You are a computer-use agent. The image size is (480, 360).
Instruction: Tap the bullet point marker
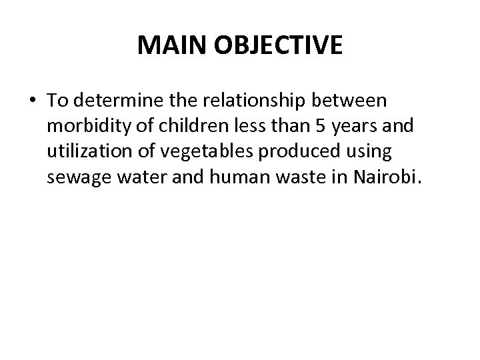(x=33, y=101)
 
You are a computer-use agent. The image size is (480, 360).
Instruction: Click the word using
(x=366, y=152)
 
